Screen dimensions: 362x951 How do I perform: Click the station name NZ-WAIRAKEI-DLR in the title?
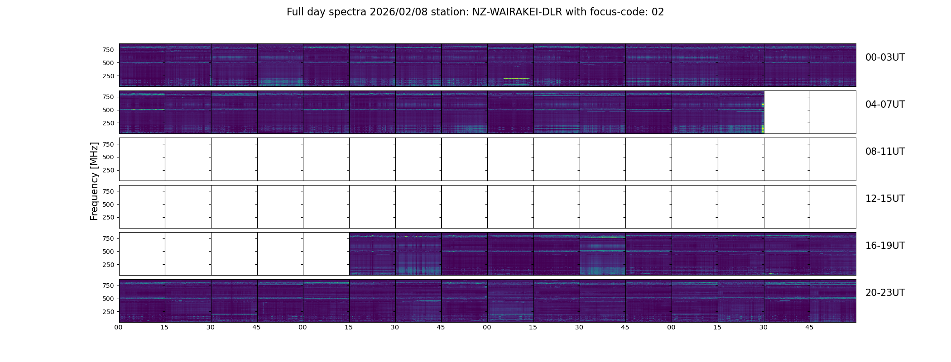(x=517, y=12)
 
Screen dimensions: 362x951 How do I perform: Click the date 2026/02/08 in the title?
(x=397, y=12)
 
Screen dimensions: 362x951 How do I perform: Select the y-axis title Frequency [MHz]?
(x=94, y=181)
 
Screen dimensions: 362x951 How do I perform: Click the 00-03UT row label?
(x=884, y=57)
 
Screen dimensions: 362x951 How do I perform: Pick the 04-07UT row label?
(x=884, y=105)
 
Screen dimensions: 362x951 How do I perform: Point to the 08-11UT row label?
(x=884, y=152)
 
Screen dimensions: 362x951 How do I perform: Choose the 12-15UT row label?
(x=884, y=199)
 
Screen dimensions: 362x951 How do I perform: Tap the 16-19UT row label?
(x=884, y=246)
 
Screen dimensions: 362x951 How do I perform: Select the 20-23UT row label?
(x=884, y=293)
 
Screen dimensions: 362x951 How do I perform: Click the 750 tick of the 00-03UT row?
(x=108, y=50)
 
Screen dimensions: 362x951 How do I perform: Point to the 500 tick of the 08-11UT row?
(x=108, y=157)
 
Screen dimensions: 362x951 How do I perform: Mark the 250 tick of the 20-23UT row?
(x=108, y=312)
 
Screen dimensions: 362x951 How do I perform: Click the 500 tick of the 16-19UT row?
(x=108, y=252)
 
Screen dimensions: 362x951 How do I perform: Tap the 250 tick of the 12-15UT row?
(x=108, y=218)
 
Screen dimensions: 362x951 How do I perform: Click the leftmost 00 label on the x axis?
(x=119, y=327)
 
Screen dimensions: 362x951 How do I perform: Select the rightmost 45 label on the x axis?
(x=809, y=327)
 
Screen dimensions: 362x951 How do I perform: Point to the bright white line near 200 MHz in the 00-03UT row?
(x=516, y=79)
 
